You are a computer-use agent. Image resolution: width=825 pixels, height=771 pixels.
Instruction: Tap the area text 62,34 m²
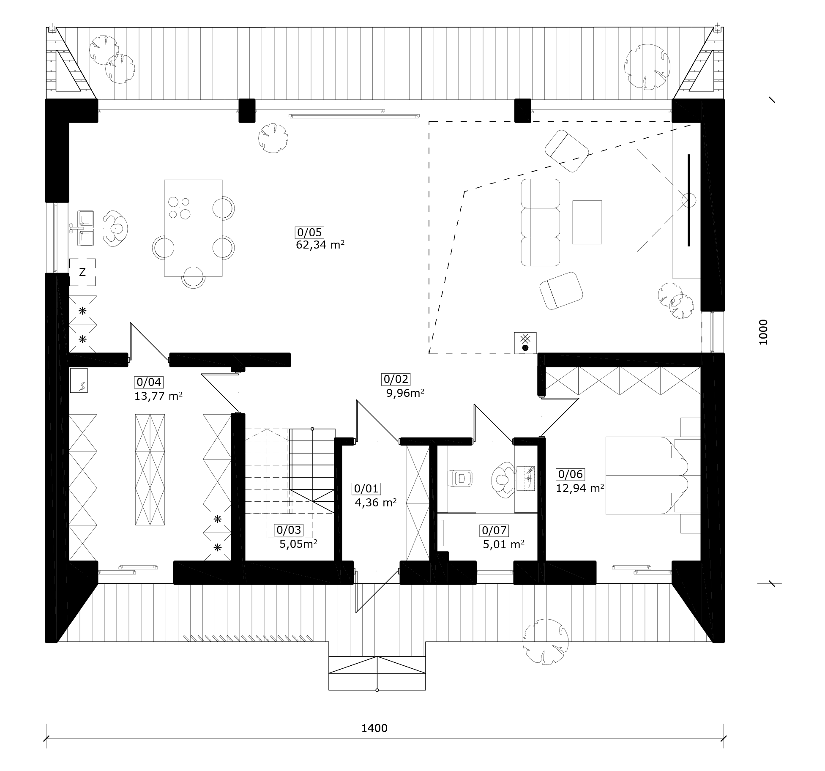[x=320, y=245]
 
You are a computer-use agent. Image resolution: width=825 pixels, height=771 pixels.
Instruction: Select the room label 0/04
[x=149, y=382]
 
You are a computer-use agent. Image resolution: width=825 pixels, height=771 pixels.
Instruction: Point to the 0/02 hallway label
[x=396, y=379]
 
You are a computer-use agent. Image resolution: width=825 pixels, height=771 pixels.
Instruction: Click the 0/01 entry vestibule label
[x=366, y=489]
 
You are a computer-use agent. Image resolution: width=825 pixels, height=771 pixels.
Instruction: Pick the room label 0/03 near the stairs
[x=289, y=530]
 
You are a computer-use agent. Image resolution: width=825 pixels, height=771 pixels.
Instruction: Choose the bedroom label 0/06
[x=571, y=474]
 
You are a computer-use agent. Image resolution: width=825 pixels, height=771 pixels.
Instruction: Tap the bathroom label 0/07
[x=494, y=530]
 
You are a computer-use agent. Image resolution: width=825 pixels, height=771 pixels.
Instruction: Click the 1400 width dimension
[x=374, y=728]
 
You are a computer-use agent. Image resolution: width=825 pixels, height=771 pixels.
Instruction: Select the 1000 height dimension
[x=763, y=332]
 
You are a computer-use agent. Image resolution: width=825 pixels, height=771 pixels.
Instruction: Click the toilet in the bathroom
[x=461, y=478]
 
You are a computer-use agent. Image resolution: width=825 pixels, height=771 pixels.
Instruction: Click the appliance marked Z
[x=82, y=272]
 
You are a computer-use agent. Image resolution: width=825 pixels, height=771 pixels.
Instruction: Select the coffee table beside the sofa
[x=587, y=222]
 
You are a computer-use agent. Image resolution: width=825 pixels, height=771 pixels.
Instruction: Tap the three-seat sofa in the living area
[x=540, y=222]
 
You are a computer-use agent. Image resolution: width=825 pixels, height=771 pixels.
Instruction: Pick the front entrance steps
[x=377, y=673]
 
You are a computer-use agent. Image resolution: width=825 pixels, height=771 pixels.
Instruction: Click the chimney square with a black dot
[x=525, y=343]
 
